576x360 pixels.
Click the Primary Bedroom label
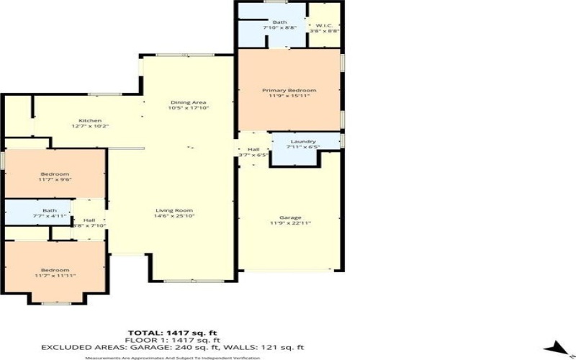pos(289,90)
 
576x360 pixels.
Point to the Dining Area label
pos(184,102)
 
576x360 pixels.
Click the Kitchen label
pos(90,120)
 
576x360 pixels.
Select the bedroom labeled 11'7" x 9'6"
pos(55,174)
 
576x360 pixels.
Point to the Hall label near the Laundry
pos(253,149)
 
